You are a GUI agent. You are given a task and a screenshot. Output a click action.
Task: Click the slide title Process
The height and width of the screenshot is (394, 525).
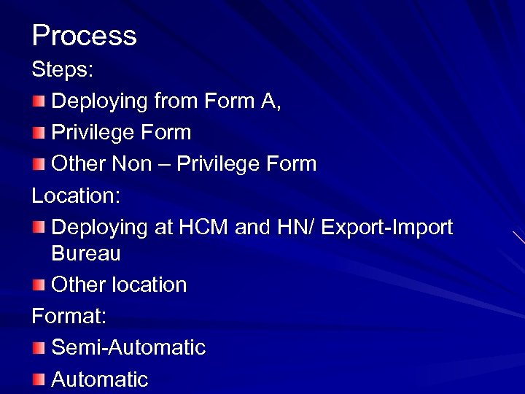[84, 35]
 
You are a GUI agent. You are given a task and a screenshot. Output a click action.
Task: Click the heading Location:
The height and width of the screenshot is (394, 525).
[76, 196]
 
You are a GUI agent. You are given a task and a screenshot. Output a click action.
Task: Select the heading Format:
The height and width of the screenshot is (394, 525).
[69, 316]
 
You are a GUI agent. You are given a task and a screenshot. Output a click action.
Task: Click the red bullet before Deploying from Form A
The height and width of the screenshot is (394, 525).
[39, 101]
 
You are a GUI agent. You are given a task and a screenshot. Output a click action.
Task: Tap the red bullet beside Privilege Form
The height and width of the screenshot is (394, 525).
[39, 132]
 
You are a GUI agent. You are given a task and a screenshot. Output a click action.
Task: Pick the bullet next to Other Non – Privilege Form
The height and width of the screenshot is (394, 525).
[39, 163]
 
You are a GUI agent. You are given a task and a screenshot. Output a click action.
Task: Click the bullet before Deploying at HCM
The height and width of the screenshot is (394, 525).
[39, 227]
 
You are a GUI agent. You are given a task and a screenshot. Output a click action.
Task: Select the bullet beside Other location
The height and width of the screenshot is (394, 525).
[39, 285]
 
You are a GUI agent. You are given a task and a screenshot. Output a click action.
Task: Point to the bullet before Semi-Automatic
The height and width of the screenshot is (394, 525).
[39, 347]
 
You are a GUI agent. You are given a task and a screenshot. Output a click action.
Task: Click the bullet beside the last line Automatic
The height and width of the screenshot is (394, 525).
[39, 379]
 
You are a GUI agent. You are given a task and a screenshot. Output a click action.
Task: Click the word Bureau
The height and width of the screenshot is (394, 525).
[86, 254]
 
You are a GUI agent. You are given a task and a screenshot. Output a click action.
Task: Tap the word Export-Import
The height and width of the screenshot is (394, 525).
[386, 227]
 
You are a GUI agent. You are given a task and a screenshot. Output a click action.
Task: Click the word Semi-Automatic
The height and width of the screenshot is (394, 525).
[128, 347]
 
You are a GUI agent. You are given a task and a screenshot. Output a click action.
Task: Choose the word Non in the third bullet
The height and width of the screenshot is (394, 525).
[131, 163]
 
